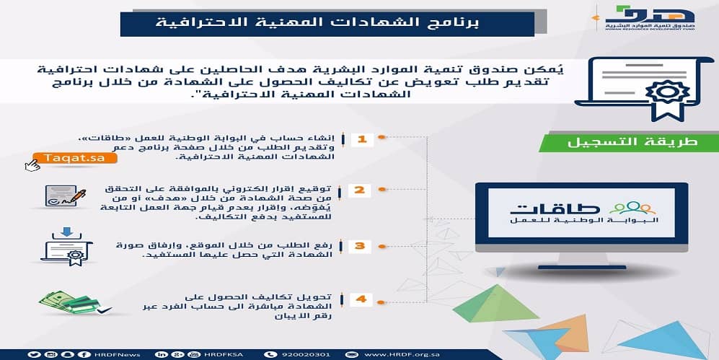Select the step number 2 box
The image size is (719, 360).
(x=361, y=190)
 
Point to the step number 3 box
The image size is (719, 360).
(x=361, y=246)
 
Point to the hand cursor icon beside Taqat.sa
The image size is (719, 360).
(x=32, y=165)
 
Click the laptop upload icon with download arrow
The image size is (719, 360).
(x=66, y=246)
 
